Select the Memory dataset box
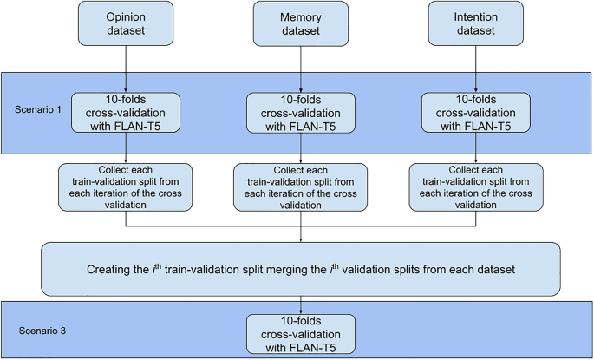point(300,23)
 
